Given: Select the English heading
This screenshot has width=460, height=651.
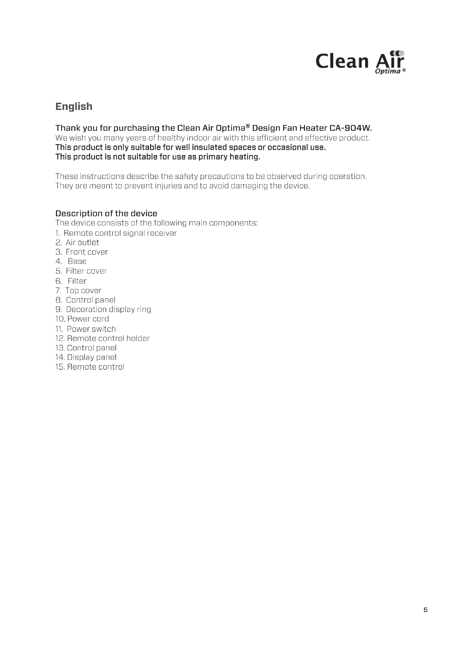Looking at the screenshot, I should coord(74,107).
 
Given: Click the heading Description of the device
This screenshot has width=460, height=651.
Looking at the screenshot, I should coord(106,213).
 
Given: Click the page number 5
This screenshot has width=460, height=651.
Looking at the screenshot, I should coord(426,610).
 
